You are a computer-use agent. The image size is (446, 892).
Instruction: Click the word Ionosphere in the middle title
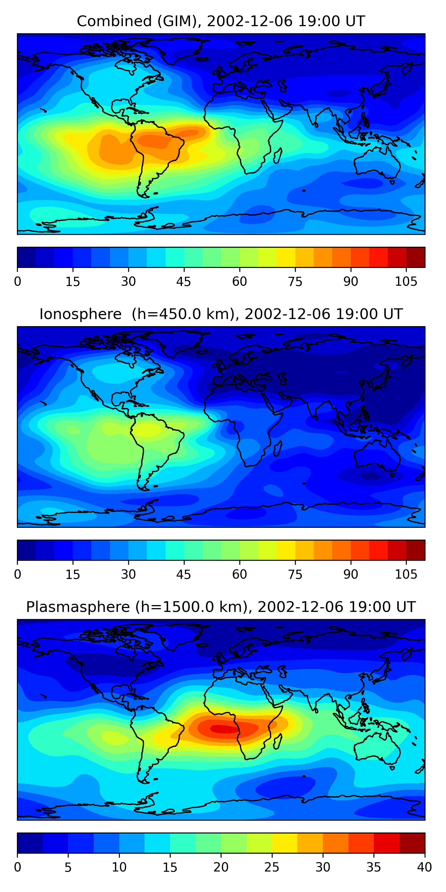(x=80, y=314)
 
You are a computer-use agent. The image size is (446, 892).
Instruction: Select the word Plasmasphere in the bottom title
(x=78, y=607)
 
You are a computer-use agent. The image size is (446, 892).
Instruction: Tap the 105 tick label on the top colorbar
(x=406, y=282)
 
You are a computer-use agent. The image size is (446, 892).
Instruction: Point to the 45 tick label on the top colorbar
(x=183, y=282)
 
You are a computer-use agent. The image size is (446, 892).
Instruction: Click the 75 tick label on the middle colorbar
(x=295, y=574)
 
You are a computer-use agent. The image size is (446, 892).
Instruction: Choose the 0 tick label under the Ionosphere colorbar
(x=18, y=574)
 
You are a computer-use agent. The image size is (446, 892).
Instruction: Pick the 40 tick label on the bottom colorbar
(x=424, y=867)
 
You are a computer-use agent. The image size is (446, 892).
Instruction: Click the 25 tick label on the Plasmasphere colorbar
(x=271, y=867)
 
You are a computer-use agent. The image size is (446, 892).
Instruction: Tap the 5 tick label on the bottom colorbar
(x=68, y=867)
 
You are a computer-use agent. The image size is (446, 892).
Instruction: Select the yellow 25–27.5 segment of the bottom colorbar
(x=284, y=843)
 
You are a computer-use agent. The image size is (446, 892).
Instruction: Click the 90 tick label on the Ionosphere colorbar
(x=351, y=574)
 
